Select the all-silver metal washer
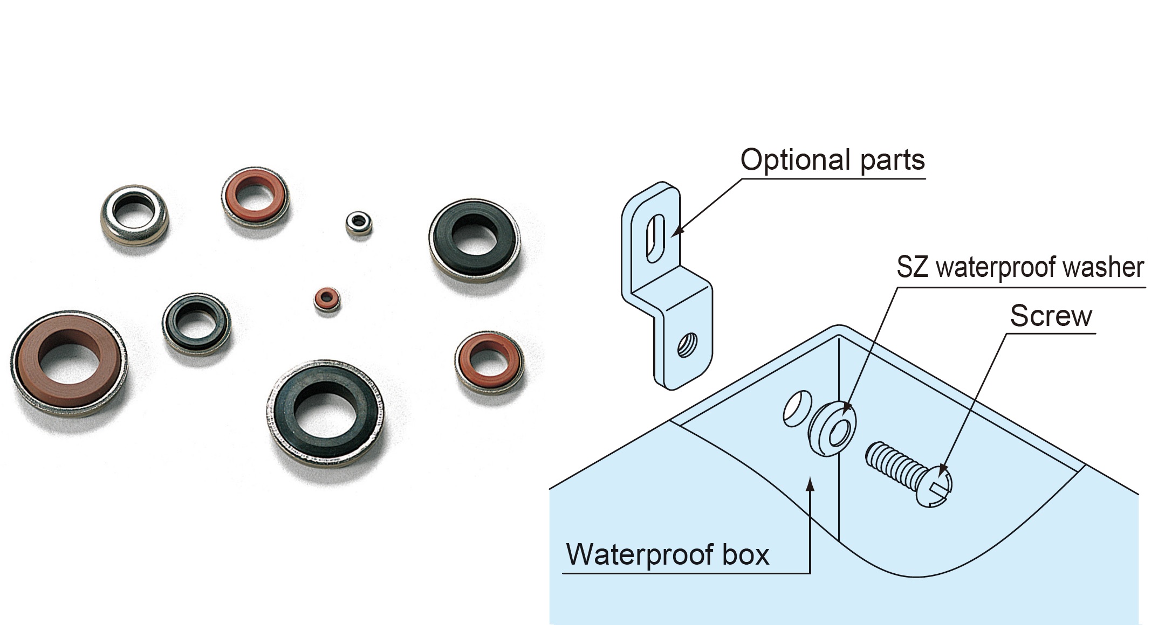click(135, 216)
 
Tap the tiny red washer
click(327, 300)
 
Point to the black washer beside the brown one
click(196, 323)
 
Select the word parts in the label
click(892, 161)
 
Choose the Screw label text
click(1051, 316)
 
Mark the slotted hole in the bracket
click(655, 238)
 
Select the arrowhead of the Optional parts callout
click(675, 232)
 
